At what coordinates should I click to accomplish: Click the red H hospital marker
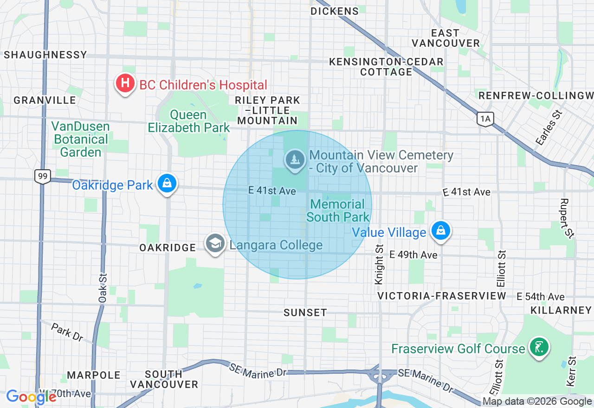tap(125, 84)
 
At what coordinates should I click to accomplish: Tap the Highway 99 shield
tap(42, 176)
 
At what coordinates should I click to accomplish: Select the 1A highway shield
tap(485, 119)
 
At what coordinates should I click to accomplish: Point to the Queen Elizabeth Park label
tap(189, 121)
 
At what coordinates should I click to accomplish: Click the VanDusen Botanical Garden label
tap(81, 139)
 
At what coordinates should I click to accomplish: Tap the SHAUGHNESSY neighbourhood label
tap(45, 55)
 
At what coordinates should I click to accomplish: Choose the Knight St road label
tap(379, 264)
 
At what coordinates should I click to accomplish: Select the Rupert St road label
tap(565, 218)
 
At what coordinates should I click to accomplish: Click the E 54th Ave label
tap(540, 297)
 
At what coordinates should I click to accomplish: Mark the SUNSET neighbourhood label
tap(305, 312)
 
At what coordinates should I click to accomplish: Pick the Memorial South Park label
tap(338, 210)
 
